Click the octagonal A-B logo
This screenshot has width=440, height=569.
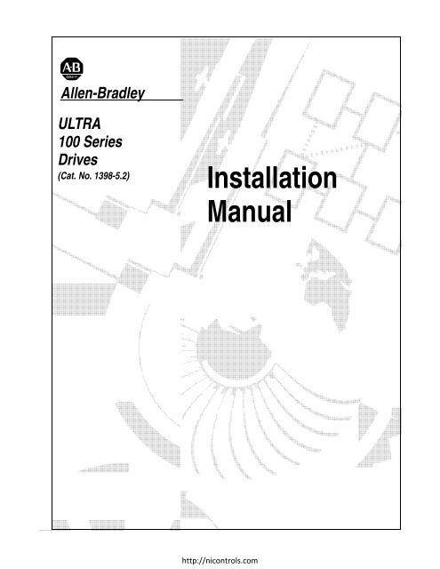[x=72, y=68]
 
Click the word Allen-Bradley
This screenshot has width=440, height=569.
[x=103, y=93]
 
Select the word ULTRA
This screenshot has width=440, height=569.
[x=79, y=124]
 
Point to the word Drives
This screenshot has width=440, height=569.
[x=78, y=160]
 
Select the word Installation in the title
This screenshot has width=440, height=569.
[x=272, y=178]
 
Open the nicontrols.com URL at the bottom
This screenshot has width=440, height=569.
[x=220, y=560]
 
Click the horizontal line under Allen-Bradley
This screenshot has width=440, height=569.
[x=122, y=100]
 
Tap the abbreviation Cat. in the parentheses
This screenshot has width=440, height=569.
[x=68, y=176]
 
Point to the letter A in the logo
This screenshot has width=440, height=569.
[x=67, y=68]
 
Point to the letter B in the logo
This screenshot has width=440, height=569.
[x=77, y=68]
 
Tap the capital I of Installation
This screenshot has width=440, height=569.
[x=211, y=178]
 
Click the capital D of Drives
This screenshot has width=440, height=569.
[x=63, y=159]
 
